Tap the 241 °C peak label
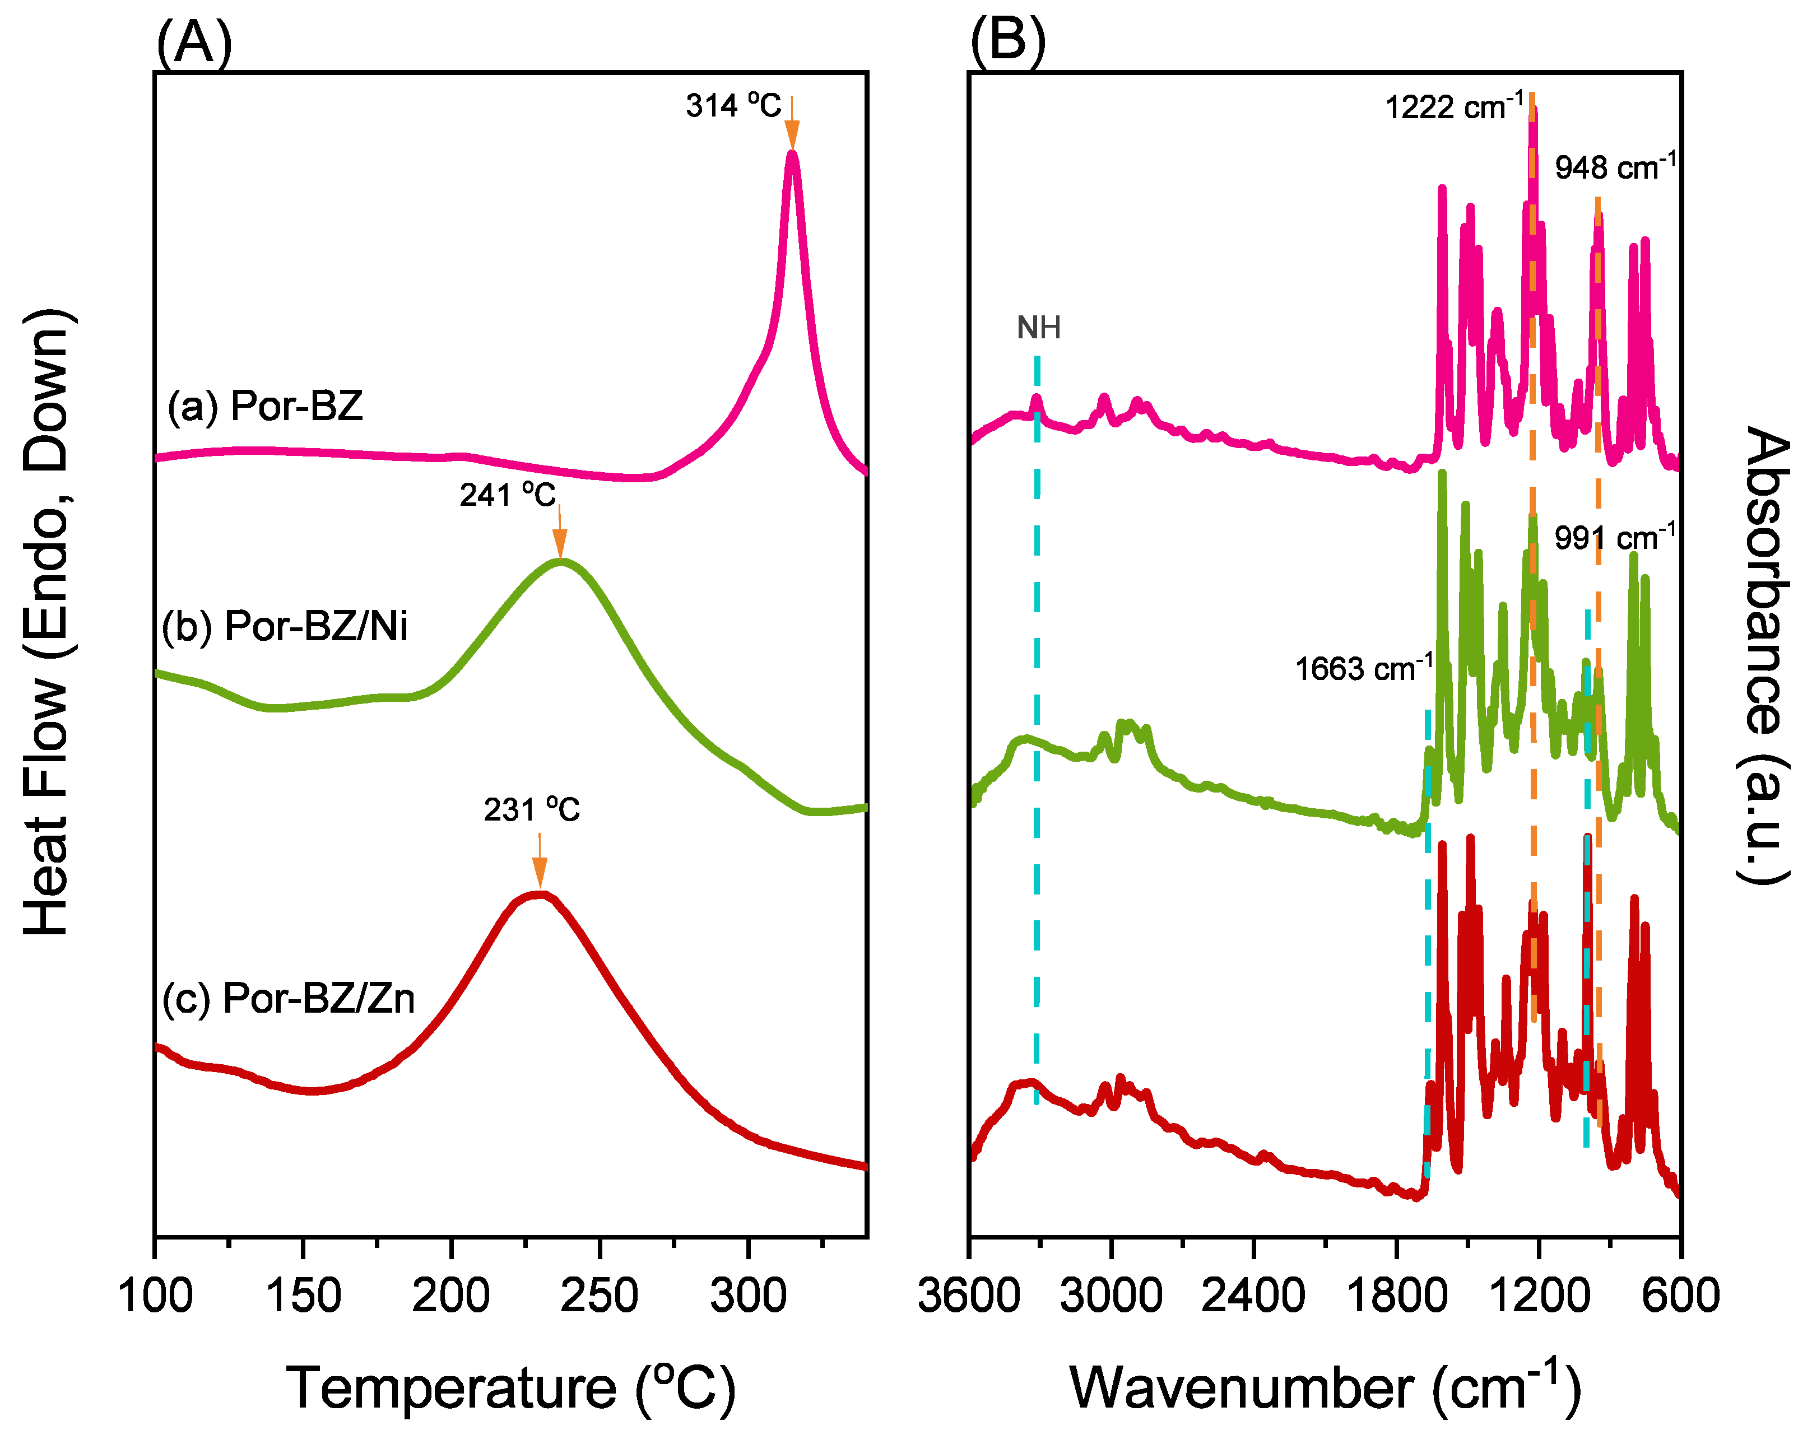coord(508,495)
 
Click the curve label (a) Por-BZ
coord(266,407)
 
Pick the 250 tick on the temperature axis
coord(600,1295)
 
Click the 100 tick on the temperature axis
coord(156,1295)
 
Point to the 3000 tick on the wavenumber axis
coord(1111,1295)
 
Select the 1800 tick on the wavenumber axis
coord(1396,1295)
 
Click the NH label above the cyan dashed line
coord(1039,328)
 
